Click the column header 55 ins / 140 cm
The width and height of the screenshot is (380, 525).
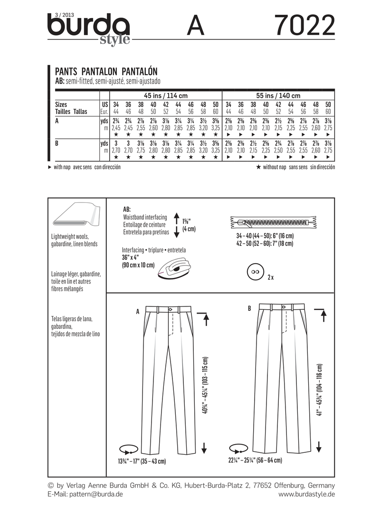(279, 95)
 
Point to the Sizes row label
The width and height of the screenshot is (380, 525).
(61, 104)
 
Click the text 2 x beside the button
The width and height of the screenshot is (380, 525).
(271, 277)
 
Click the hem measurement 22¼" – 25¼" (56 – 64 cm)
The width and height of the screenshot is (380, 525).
(255, 460)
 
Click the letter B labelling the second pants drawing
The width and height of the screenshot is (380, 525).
(249, 309)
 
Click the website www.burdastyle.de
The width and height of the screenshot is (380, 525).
(306, 495)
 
